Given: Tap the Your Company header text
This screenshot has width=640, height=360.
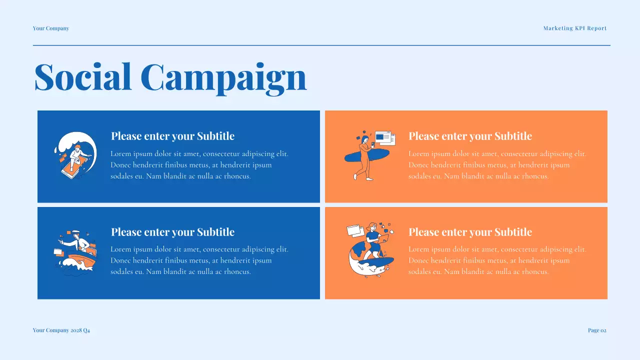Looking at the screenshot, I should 51,28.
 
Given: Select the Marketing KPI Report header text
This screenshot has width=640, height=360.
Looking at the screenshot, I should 574,28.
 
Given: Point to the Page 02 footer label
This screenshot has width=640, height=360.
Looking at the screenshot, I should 597,330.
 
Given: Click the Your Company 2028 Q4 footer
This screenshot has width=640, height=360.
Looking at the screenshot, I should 61,330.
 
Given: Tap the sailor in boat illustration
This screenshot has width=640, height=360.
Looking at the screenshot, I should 75,252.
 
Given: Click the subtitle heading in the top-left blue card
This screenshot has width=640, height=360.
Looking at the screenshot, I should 172,136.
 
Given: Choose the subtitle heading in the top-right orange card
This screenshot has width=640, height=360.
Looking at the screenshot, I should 470,136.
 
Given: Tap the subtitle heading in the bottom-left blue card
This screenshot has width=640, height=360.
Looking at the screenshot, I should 172,232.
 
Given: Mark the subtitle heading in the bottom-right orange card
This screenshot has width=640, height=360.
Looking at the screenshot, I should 470,232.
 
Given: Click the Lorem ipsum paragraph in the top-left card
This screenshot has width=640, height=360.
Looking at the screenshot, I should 199,165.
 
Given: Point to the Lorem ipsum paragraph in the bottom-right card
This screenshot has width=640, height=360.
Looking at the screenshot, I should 497,260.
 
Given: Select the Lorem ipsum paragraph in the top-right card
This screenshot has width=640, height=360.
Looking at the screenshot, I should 497,165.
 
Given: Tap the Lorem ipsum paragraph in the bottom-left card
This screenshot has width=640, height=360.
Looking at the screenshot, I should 199,260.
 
